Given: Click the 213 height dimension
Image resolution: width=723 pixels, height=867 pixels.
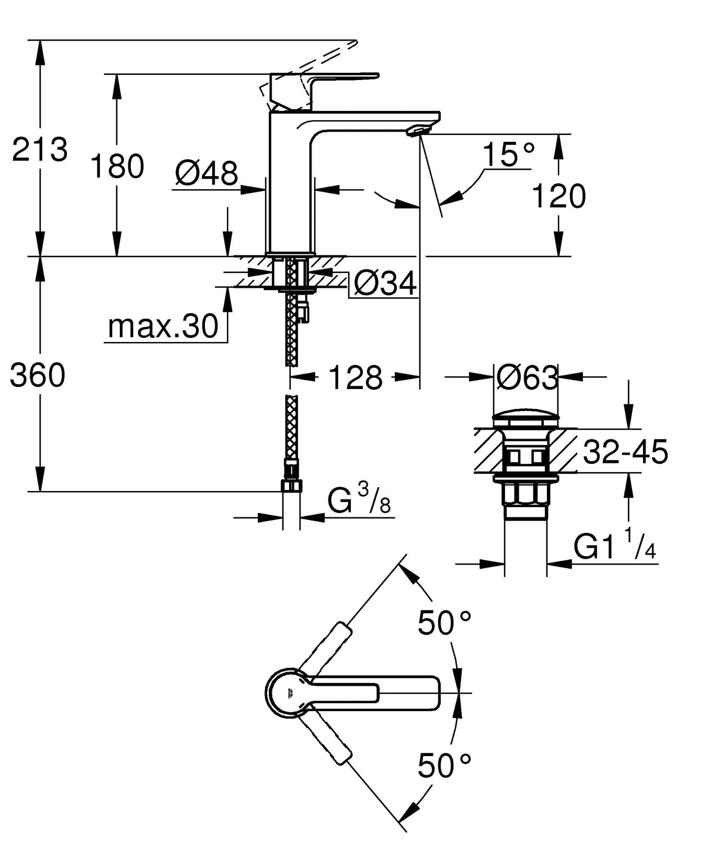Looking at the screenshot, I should (39, 149).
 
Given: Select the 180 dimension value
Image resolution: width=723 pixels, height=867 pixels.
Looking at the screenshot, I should (117, 166).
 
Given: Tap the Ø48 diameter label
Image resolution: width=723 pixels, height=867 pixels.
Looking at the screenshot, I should (207, 173).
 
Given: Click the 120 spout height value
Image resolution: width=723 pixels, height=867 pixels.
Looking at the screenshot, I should (558, 196).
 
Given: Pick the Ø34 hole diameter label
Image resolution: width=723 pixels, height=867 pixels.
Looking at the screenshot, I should (385, 283).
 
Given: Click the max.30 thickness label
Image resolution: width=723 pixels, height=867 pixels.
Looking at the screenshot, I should (163, 326).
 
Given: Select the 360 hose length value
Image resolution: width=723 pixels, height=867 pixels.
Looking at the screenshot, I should (38, 375).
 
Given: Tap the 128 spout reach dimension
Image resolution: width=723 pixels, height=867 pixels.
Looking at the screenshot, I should (355, 378).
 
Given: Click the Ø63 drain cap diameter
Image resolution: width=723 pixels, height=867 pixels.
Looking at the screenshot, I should (527, 378).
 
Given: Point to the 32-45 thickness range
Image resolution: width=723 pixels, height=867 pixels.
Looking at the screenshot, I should (626, 452).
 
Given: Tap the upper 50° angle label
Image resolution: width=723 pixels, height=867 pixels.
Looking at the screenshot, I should (444, 623).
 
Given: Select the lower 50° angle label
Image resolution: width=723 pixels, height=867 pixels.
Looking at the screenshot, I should (444, 766).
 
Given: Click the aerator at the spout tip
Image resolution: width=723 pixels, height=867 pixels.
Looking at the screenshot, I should (416, 131).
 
